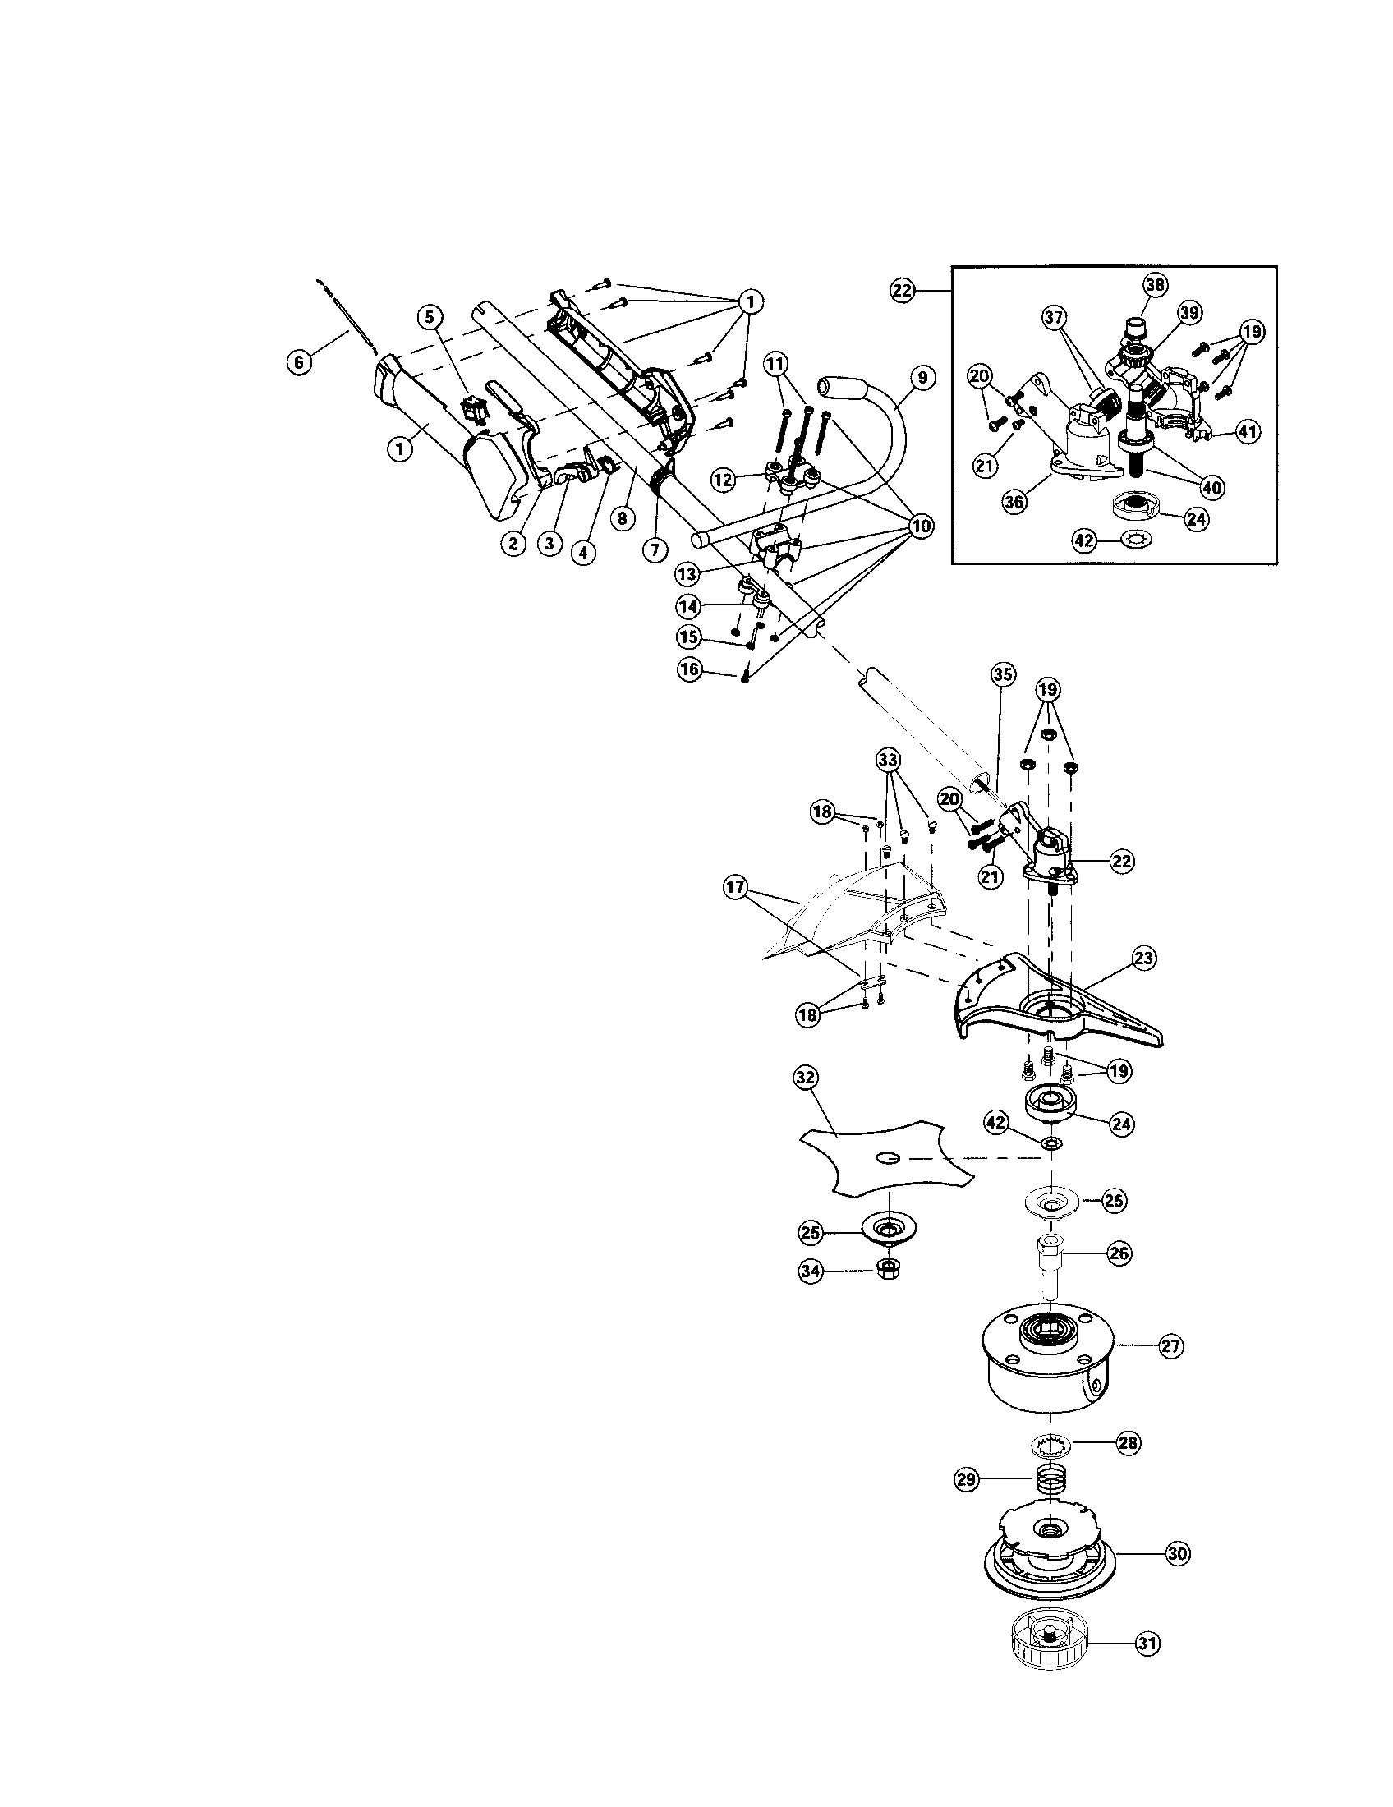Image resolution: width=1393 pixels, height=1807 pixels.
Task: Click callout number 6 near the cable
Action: (300, 361)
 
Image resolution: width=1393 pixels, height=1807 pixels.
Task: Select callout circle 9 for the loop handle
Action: (922, 378)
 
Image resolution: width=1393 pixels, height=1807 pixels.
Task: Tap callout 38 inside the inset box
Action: (1155, 285)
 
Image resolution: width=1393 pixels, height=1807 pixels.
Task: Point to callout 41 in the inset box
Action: (1248, 431)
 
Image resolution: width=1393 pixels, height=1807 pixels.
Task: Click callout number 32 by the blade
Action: (805, 1078)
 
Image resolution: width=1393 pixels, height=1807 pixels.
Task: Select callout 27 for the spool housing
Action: (1170, 1346)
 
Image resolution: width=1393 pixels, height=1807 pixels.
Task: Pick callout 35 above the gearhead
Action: (1002, 675)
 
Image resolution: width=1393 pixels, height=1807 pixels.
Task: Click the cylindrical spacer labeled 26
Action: (1050, 1264)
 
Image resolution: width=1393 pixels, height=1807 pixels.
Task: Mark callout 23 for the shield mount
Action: (1145, 959)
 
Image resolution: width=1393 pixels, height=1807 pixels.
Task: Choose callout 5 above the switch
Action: (430, 316)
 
